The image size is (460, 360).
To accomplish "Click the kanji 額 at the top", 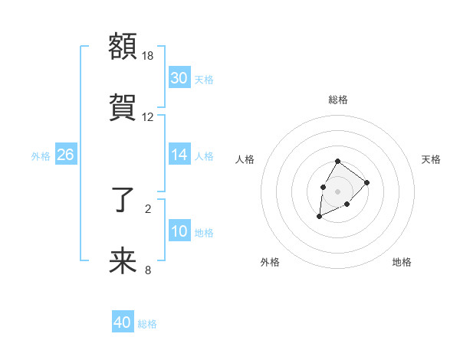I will (123, 45).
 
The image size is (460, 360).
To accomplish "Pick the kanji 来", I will (123, 261).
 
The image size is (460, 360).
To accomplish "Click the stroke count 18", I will (148, 56).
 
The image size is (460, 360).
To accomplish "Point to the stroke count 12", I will (148, 117).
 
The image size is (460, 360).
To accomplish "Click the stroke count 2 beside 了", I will (148, 208).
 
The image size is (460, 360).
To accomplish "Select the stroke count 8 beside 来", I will (148, 269).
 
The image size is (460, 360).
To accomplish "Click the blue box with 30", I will (179, 77).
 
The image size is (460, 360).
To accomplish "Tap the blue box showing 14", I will (179, 154).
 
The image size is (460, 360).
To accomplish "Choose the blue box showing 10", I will (179, 231).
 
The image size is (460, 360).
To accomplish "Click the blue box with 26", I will (66, 154).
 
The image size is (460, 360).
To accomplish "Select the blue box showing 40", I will (123, 322).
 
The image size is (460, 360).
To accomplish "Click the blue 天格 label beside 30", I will (204, 79).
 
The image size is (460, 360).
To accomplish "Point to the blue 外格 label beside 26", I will (41, 155).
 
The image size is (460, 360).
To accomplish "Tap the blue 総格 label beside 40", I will (147, 324).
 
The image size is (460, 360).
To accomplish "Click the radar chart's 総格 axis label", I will (338, 100).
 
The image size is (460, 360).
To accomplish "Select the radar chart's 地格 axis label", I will (402, 262).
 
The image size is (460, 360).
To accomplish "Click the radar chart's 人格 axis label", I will (245, 159).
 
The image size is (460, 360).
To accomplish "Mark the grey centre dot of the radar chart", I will (337, 190).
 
